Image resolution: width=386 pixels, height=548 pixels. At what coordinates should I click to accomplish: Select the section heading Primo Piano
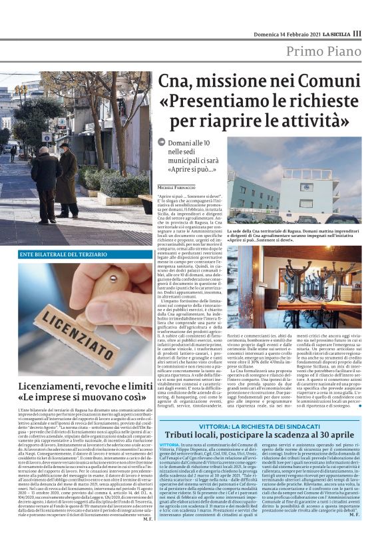[x=324, y=53]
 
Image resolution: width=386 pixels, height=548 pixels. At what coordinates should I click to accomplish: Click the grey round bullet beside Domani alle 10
[x=162, y=142]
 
